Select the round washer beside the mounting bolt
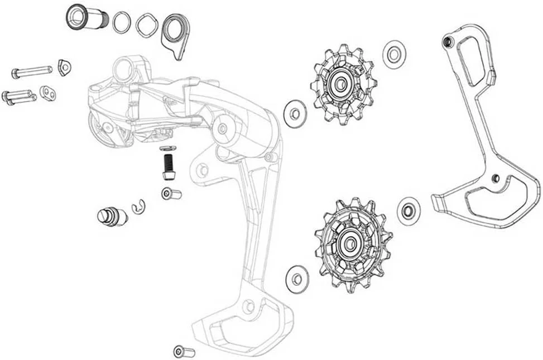pyautogui.click(x=122, y=22)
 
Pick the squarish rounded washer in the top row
pyautogui.click(x=146, y=25)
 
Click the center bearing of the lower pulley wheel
pyautogui.click(x=352, y=243)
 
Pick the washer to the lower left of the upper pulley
pyautogui.click(x=295, y=112)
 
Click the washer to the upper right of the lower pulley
pyautogui.click(x=409, y=210)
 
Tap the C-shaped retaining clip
pyautogui.click(x=138, y=207)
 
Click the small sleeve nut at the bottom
pyautogui.click(x=184, y=351)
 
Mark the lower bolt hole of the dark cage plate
pyautogui.click(x=495, y=178)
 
